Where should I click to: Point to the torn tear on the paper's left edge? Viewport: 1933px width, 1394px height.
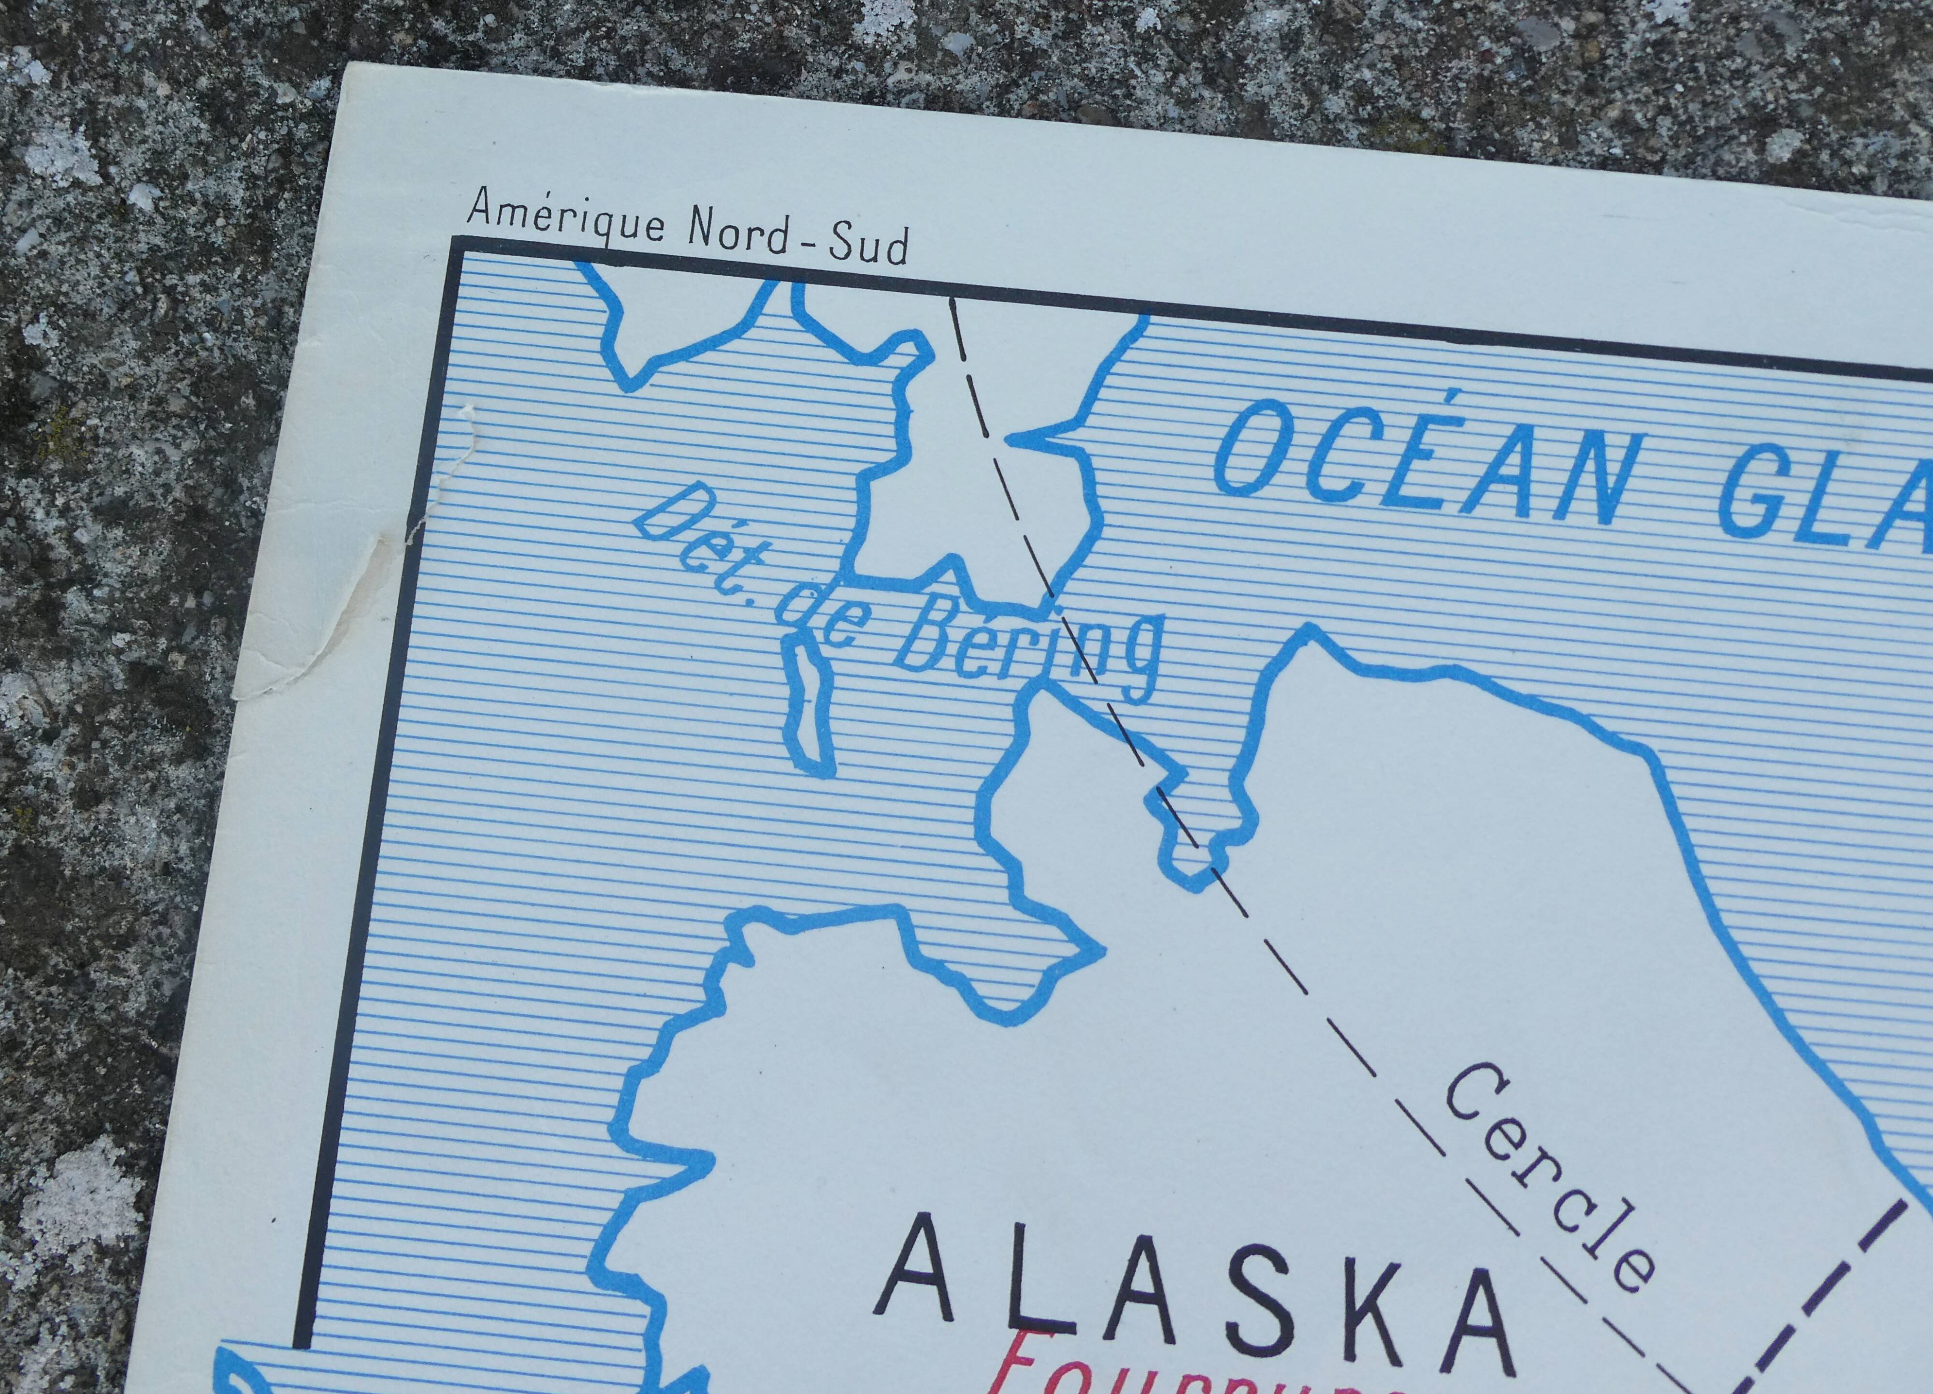434,477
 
